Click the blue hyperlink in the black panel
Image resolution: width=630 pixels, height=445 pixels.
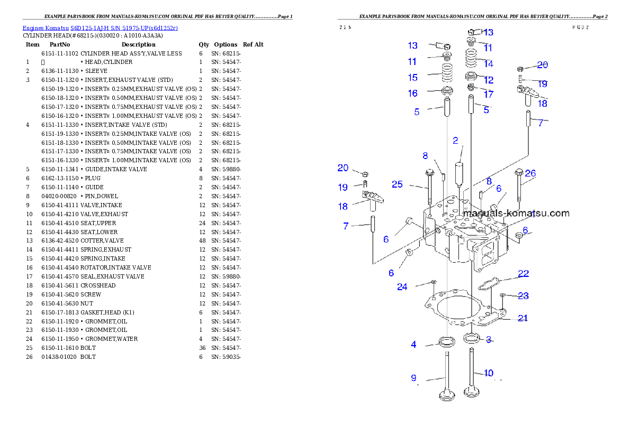[100, 27]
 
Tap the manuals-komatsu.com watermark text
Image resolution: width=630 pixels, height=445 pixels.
[516, 214]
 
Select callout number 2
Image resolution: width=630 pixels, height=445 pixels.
[455, 141]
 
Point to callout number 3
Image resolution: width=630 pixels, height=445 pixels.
[489, 339]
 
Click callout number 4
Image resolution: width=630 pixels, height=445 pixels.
[413, 345]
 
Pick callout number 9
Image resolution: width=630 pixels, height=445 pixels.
[413, 378]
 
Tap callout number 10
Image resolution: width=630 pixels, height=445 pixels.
[488, 373]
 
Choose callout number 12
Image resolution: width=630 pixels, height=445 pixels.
[488, 80]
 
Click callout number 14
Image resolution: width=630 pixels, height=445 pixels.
[488, 64]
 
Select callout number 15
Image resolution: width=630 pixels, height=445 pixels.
[412, 78]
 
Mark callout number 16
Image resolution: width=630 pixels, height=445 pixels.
[412, 94]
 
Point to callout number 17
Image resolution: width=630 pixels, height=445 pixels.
[488, 95]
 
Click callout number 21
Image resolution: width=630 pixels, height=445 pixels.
[523, 318]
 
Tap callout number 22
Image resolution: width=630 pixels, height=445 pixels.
[523, 274]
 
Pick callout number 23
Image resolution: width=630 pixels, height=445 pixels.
[523, 296]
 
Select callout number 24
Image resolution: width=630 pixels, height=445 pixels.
[402, 287]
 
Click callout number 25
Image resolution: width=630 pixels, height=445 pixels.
[397, 184]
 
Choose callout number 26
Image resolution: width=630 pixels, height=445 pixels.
[530, 173]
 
